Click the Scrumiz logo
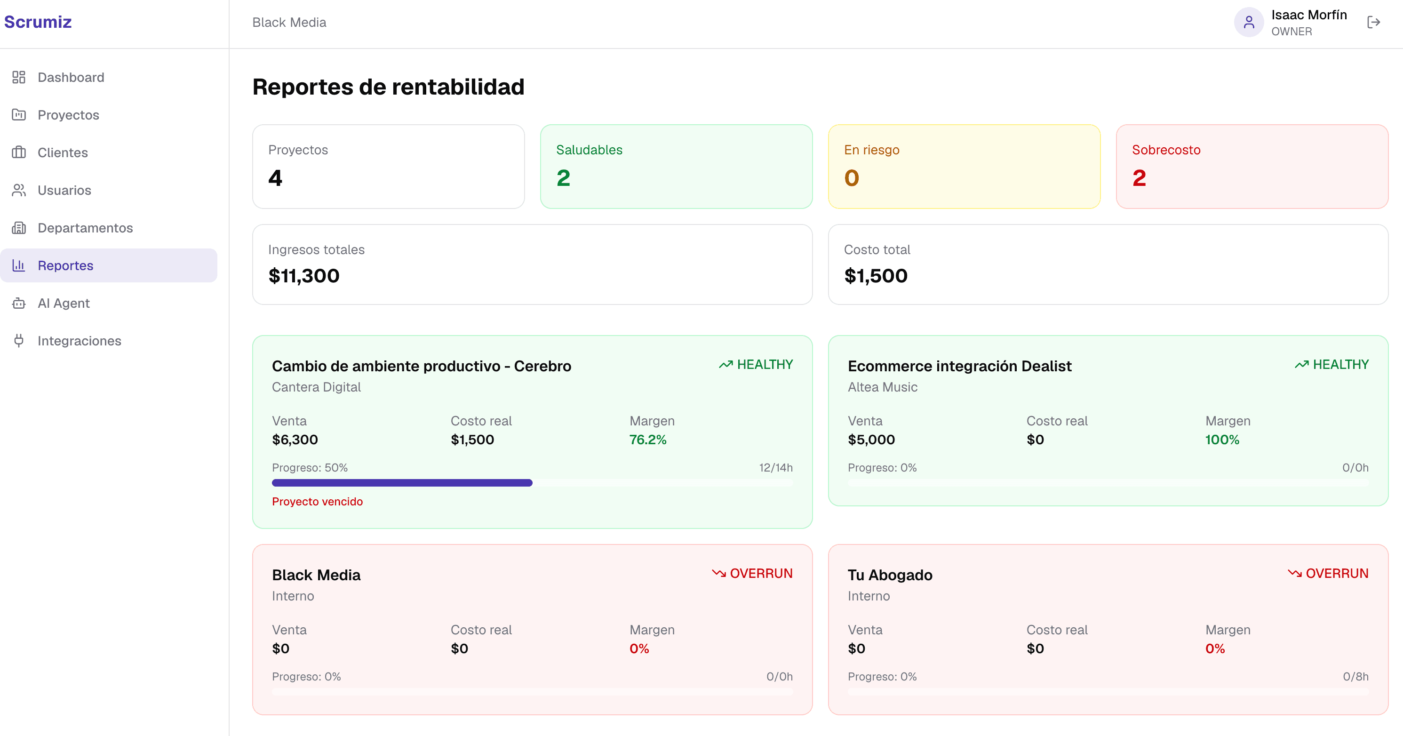38,22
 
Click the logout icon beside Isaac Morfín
1373,22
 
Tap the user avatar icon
1249,22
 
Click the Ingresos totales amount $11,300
304,276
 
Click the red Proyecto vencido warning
318,501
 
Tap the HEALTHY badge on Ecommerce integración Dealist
1331,364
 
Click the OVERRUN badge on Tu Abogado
1328,574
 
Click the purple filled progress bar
402,483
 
